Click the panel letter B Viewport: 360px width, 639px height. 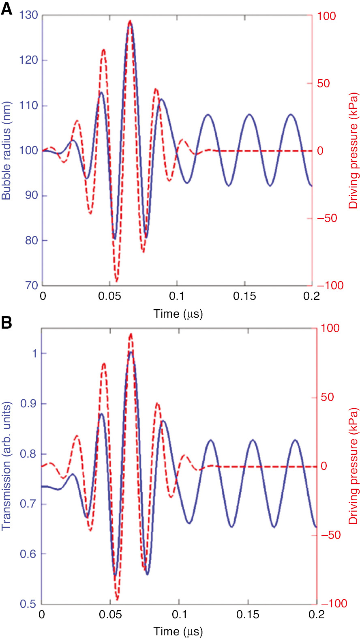pos(6,323)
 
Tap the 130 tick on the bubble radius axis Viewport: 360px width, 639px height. pos(28,15)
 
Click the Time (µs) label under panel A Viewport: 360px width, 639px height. pos(178,314)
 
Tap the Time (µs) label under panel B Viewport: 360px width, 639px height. pos(178,631)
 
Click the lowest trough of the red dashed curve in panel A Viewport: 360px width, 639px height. pos(117,281)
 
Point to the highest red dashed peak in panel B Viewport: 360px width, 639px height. pos(131,334)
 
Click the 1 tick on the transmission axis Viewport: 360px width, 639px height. pos(34,353)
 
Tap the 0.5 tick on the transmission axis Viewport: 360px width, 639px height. pos(28,604)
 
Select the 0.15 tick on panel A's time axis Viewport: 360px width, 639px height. pos(244,296)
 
